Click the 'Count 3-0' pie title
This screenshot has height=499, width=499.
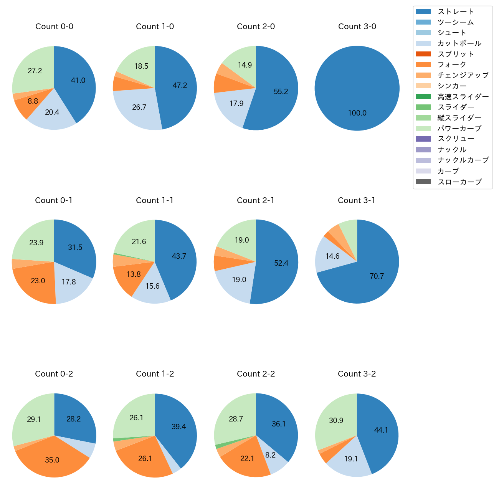357,26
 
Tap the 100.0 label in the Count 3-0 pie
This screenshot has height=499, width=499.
357,113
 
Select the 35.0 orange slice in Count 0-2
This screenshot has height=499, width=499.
52,460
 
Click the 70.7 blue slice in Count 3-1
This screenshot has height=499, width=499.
377,276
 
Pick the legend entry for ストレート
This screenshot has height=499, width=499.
455,12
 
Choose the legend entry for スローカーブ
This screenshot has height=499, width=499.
459,182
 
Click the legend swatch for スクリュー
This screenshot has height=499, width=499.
423,139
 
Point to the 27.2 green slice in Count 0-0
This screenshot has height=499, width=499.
35,71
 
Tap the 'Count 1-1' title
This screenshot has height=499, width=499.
155,200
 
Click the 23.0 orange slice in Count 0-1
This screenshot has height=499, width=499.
38,281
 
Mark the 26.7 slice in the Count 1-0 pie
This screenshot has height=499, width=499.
139,107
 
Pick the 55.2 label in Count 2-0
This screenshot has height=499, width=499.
281,91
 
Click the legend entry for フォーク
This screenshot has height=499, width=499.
451,64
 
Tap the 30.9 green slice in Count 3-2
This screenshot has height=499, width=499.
336,420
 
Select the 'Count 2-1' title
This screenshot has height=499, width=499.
256,200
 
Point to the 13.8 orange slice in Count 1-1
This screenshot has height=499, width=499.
133,274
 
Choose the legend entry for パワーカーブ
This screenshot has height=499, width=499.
459,129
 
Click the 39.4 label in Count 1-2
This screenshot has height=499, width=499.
179,426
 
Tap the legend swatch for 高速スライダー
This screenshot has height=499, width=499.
423,96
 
